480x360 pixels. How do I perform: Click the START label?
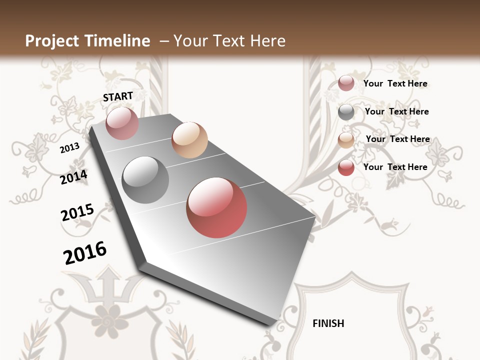pyautogui.click(x=118, y=96)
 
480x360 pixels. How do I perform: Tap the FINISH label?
pyautogui.click(x=328, y=323)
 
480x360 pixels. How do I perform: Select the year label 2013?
pyautogui.click(x=70, y=147)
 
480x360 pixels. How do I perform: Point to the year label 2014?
pyautogui.click(x=74, y=177)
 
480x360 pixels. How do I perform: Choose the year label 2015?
pyautogui.click(x=77, y=212)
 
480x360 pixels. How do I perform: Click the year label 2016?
pyautogui.click(x=85, y=252)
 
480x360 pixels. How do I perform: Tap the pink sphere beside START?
pyautogui.click(x=122, y=123)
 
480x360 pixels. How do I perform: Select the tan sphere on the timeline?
pyautogui.click(x=189, y=140)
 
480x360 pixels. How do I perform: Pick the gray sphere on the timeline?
pyautogui.click(x=145, y=180)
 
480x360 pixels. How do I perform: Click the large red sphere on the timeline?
pyautogui.click(x=216, y=207)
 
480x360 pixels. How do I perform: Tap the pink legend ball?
pyautogui.click(x=346, y=83)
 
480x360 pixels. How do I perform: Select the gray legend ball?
pyautogui.click(x=346, y=112)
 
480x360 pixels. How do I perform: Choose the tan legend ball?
pyautogui.click(x=346, y=140)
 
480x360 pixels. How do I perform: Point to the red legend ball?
pyautogui.click(x=346, y=168)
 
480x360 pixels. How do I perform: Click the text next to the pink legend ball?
pyautogui.click(x=395, y=83)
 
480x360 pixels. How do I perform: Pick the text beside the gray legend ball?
pyautogui.click(x=396, y=111)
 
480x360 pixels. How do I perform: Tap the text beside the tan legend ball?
pyautogui.click(x=397, y=139)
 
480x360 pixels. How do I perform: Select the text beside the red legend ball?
pyautogui.click(x=395, y=167)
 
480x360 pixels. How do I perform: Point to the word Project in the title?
pyautogui.click(x=52, y=41)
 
